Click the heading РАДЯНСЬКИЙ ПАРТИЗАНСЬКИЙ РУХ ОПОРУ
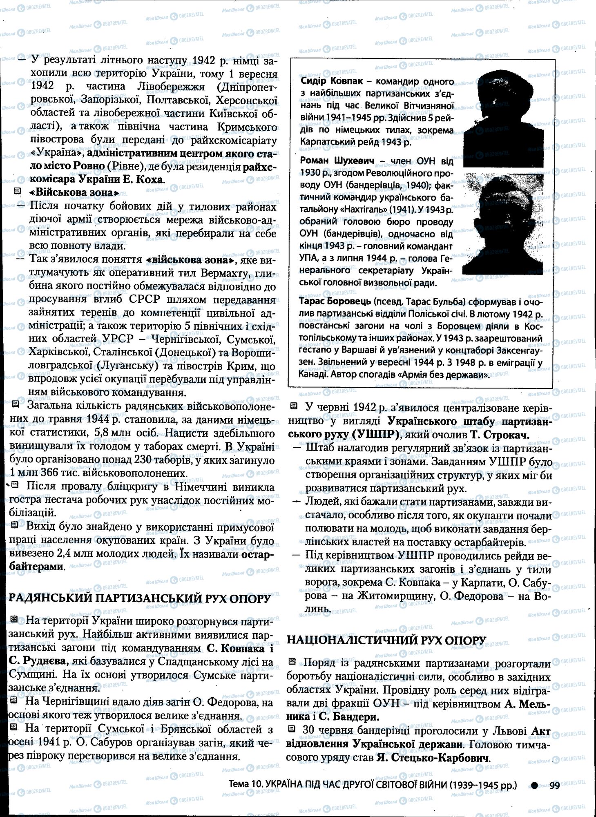[139, 598]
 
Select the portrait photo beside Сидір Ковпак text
[503, 117]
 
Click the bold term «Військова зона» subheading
[74, 192]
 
